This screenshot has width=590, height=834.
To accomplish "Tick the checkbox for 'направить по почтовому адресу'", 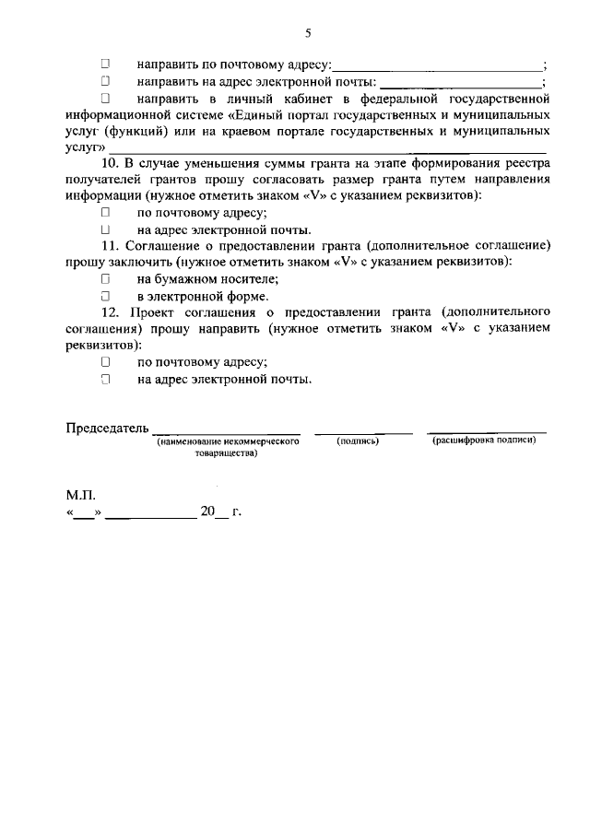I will click(x=105, y=65).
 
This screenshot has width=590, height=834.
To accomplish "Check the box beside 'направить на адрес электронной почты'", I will click(x=105, y=81).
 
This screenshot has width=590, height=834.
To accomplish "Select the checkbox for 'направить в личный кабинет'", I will click(x=105, y=98).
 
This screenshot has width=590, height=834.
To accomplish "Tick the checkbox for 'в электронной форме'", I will click(x=105, y=297).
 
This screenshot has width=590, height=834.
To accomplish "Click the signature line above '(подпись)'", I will click(x=363, y=430).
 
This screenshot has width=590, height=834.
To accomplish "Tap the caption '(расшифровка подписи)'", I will click(x=484, y=441).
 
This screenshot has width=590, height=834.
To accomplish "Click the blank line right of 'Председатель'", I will click(x=226, y=430).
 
